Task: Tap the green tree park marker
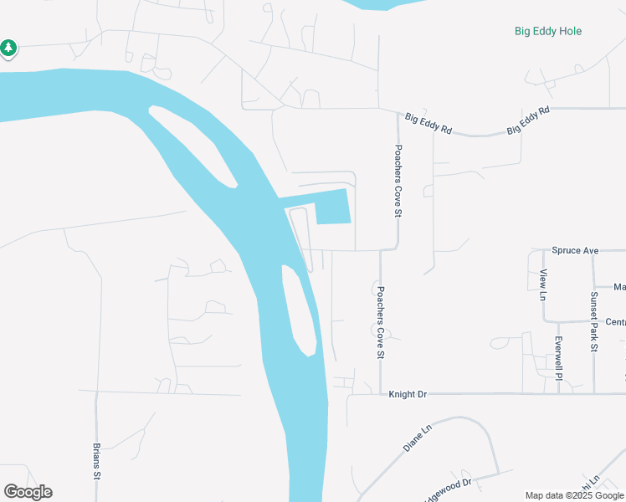point(8,49)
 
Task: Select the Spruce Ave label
point(576,250)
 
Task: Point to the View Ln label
point(543,285)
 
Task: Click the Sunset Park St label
point(593,309)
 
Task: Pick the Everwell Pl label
point(558,356)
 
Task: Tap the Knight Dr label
point(408,394)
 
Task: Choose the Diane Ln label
point(417,438)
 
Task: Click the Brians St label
point(97,460)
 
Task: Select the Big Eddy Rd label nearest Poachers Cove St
point(428,125)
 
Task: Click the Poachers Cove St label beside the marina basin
point(398,180)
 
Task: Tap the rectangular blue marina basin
point(332,207)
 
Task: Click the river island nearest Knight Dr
point(299,310)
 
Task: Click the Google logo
point(28,492)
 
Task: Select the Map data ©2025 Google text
point(573,495)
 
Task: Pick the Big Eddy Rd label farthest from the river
point(528,122)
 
